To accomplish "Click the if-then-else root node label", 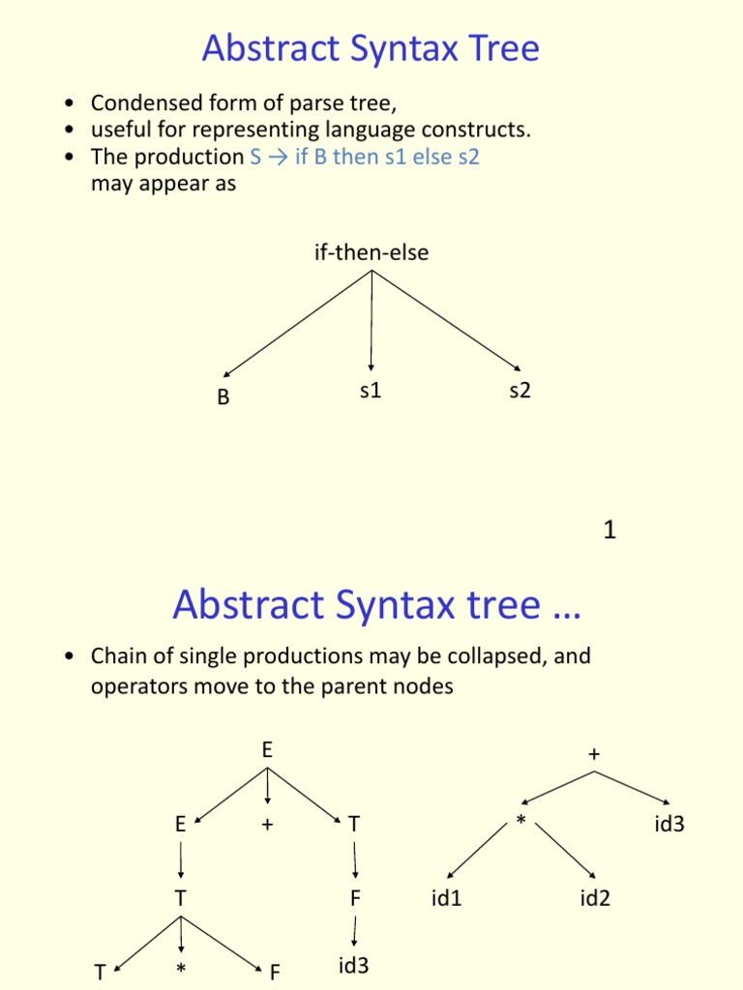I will coord(371,253).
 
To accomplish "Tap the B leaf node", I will coord(223,397).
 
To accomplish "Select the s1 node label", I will coord(371,393).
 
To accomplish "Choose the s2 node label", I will coord(520,393).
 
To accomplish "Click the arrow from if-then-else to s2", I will coord(446,321).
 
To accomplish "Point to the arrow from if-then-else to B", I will coord(298,323).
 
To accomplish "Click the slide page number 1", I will coord(609,530).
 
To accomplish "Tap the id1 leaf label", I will coord(447,899).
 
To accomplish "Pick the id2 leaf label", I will coord(595,899).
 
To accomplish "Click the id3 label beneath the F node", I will coord(354,965).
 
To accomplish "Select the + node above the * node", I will coord(594,755).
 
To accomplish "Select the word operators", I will coord(134,686).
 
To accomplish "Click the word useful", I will coord(120,130).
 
